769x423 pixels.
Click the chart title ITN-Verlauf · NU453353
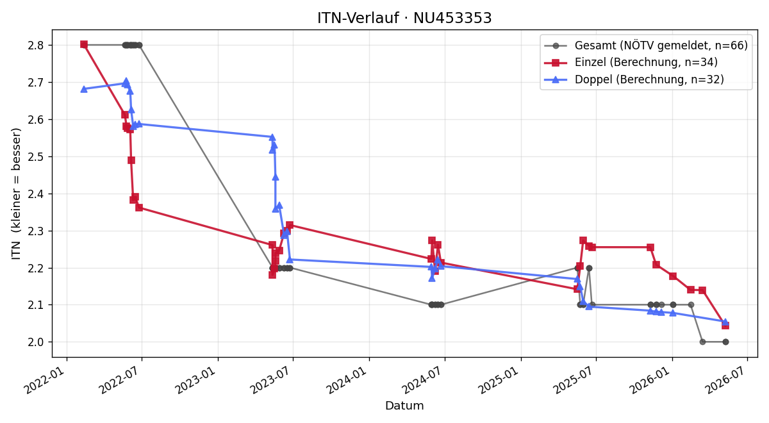point(404,18)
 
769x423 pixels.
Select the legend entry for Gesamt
point(646,46)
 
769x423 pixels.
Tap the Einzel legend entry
point(631,63)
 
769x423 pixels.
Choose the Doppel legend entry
point(634,79)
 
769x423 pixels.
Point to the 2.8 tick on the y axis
point(36,46)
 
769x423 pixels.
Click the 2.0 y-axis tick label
point(36,342)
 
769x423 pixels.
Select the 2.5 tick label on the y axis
point(36,156)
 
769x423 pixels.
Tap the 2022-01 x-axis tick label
point(45,380)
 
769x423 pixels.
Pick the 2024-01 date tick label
point(347,380)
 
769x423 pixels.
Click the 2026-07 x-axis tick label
point(725,380)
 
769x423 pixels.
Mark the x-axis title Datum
point(404,406)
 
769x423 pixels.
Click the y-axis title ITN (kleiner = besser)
point(16,194)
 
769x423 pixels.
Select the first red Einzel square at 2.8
point(84,44)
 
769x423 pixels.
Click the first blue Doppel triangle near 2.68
point(84,89)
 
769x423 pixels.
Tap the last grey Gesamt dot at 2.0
point(725,342)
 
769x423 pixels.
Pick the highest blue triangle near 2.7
point(126,81)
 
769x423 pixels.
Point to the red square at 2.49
point(131,160)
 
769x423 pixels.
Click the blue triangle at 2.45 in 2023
point(276,177)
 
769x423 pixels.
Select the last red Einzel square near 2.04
point(725,326)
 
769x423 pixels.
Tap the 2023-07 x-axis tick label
point(271,380)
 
